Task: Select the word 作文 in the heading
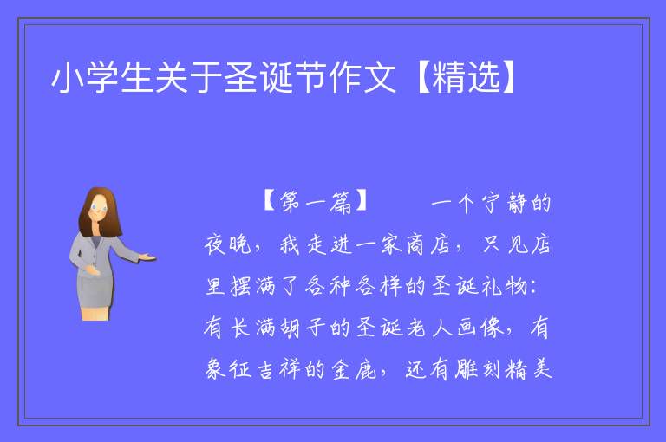pos(362,77)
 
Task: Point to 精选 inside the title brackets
pos(467,77)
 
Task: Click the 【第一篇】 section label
pos(315,202)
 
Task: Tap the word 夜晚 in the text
pos(228,244)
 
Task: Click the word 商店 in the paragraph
pos(428,244)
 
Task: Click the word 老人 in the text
pos(429,328)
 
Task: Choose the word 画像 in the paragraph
pos(480,328)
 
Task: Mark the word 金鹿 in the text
pos(354,368)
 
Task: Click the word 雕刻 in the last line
pos(479,368)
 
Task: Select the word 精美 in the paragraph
pos(529,368)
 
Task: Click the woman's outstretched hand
pos(147,257)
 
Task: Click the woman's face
pos(99,210)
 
